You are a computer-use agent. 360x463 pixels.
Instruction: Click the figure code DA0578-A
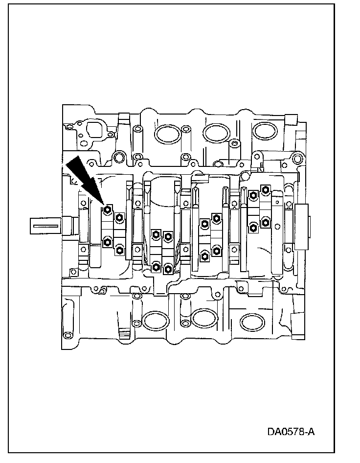coord(291,432)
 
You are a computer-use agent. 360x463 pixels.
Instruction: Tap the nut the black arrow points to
coord(108,211)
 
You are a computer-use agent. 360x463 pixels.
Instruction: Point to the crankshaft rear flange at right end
coord(303,227)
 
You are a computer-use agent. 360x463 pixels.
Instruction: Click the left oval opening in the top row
coord(167,134)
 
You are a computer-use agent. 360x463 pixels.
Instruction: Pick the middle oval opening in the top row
coord(216,133)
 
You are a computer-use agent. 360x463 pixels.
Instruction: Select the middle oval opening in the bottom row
coord(204,319)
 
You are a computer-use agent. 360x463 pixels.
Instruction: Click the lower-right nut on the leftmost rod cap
coord(119,251)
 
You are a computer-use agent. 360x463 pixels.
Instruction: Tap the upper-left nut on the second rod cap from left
coord(156,234)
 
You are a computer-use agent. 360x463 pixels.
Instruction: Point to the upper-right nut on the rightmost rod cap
coord(265,189)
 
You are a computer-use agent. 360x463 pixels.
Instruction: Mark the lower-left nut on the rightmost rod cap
coord(253,227)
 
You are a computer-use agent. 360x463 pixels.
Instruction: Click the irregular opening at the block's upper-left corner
coord(93,130)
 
